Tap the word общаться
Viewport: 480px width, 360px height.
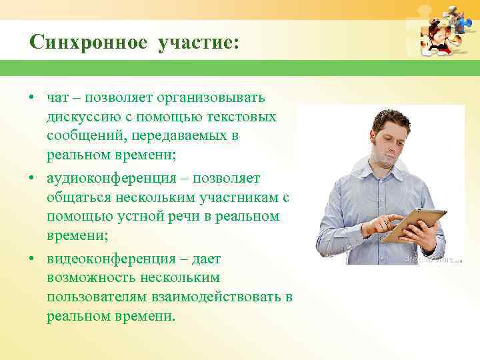79,198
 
